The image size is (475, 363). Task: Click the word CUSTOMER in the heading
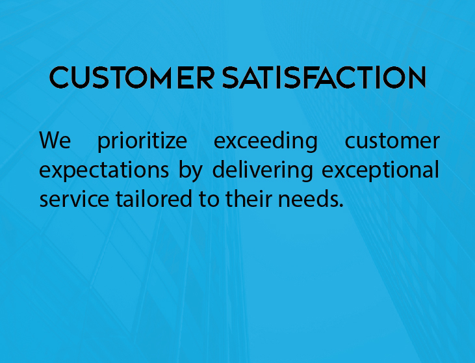[x=132, y=77]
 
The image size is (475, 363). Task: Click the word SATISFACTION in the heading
[x=324, y=77]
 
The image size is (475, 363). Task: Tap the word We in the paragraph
[x=55, y=141]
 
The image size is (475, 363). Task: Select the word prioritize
[x=142, y=141]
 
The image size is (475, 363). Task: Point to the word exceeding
[x=266, y=141]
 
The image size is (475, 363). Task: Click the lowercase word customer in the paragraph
[x=392, y=141]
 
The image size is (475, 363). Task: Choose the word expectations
[x=104, y=170]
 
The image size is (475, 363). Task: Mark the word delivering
[x=263, y=170]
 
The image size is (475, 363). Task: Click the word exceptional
[x=380, y=170]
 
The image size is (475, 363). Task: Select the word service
[x=74, y=198]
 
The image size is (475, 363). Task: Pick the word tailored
[x=153, y=198]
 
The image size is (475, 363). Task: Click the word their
[x=248, y=198]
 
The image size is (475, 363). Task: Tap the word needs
[x=308, y=198]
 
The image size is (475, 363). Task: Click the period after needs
[x=341, y=206]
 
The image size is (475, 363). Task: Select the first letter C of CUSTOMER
[x=59, y=77]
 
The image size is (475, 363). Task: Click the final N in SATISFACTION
[x=417, y=77]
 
